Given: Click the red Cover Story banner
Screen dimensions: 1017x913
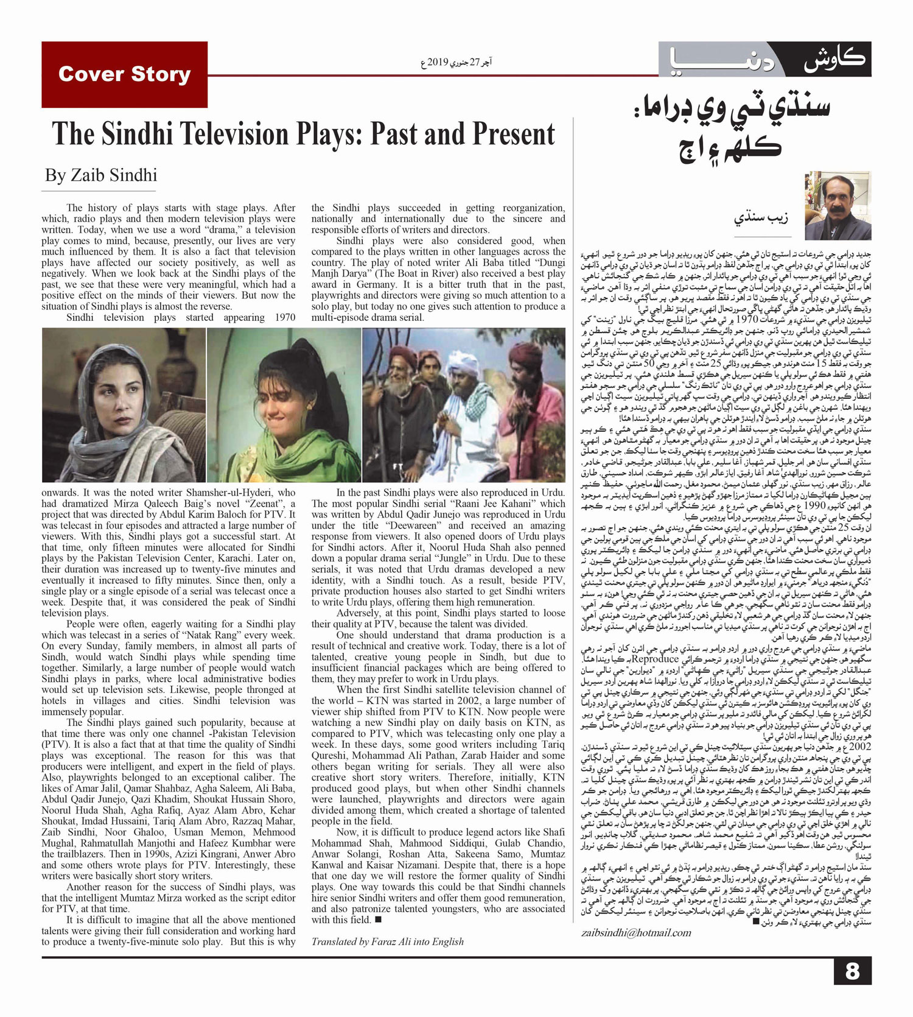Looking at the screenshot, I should coord(124,74).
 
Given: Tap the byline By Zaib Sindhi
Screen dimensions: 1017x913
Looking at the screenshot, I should coord(101,175).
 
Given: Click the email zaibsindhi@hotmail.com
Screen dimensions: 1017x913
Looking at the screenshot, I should coord(636,932).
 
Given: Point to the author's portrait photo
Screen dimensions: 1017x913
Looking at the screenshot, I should coord(838,206).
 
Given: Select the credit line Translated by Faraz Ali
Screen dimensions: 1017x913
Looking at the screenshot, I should coord(387,941).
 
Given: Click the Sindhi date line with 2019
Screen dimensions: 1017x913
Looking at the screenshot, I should coord(456,63).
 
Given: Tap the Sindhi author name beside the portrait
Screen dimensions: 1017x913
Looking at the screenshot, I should coord(760,216).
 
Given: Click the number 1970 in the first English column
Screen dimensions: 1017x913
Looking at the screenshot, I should coord(285,317).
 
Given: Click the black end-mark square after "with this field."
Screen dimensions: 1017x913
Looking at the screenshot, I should coord(378,920).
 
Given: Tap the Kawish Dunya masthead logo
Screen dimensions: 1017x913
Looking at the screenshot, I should coord(764,59).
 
